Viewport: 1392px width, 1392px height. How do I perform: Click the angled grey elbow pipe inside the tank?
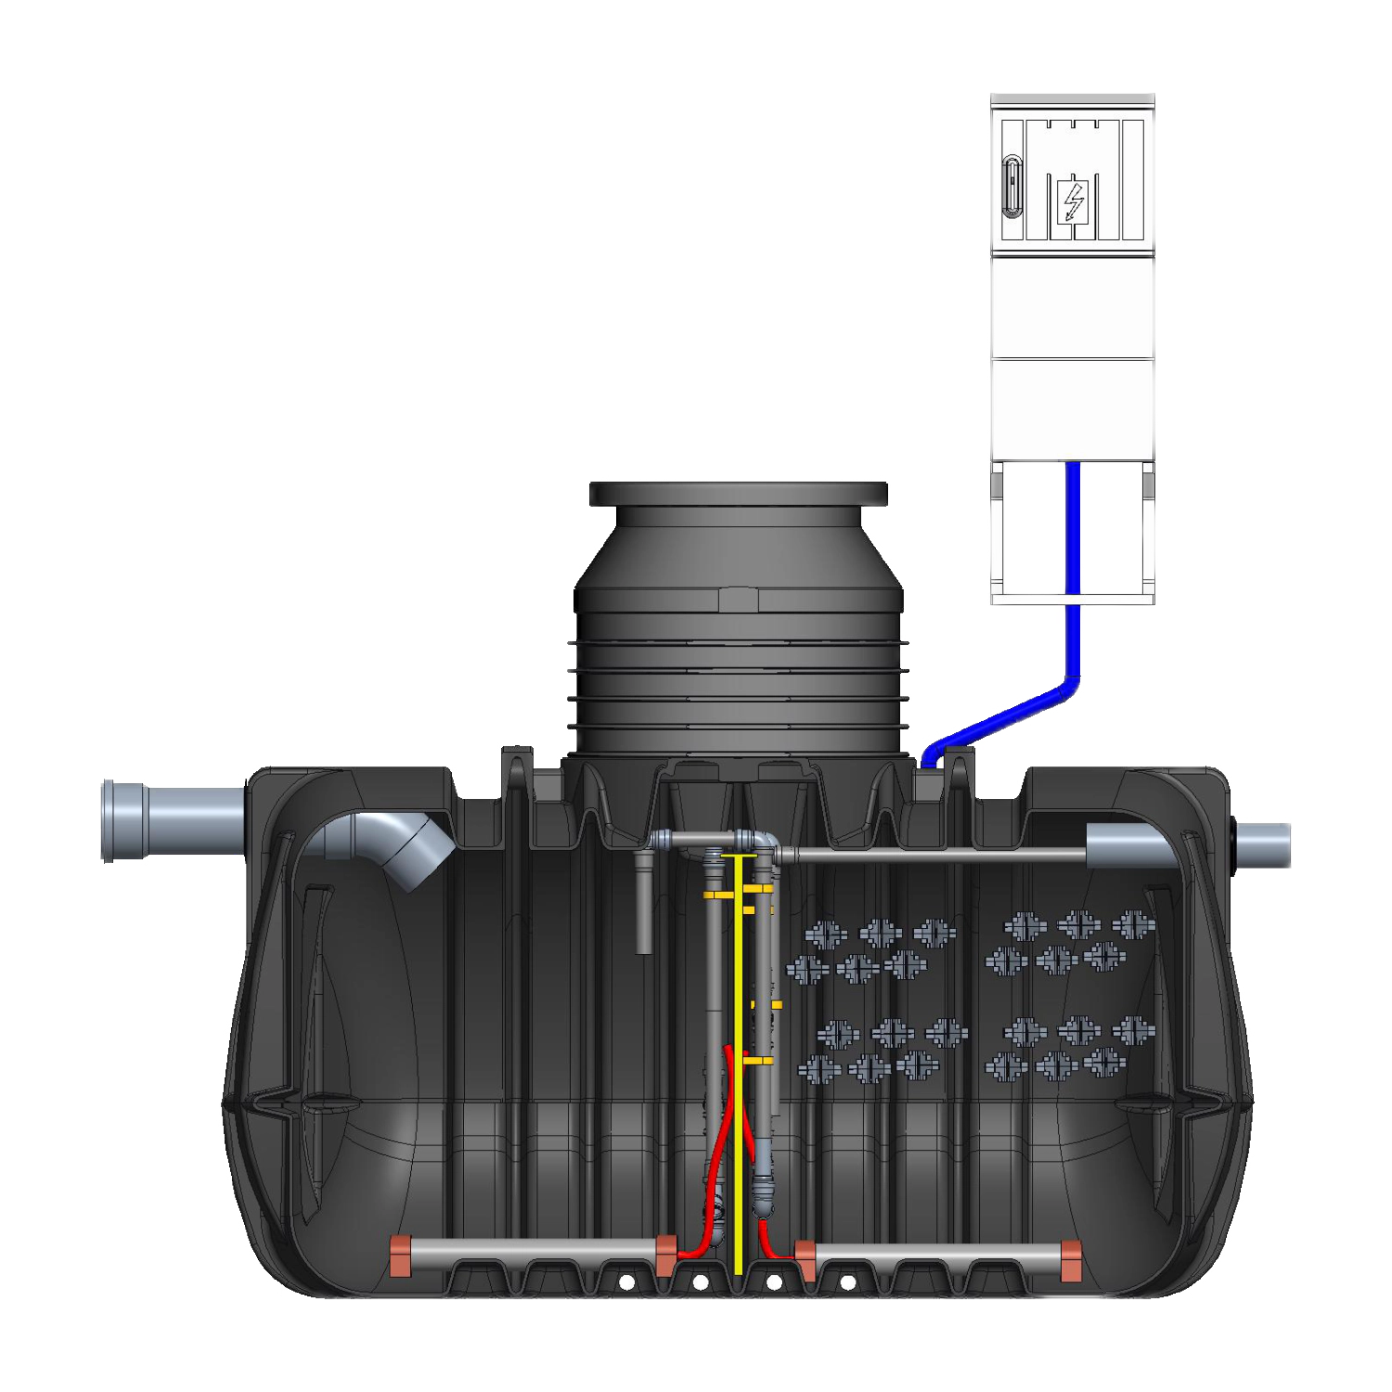point(408,849)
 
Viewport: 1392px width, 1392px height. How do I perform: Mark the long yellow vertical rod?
point(738,1114)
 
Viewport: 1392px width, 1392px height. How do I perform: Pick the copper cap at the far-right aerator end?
point(1071,1260)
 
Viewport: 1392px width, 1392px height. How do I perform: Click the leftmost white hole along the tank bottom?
point(626,1282)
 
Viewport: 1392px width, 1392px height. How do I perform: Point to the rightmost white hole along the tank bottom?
point(847,1282)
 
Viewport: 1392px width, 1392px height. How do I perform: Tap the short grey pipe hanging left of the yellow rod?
point(643,905)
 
